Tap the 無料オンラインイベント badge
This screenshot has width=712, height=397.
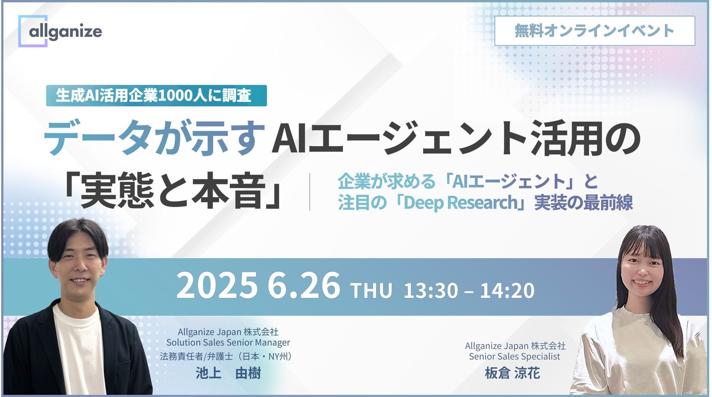[x=594, y=30]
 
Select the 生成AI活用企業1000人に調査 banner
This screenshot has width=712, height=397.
[x=156, y=95]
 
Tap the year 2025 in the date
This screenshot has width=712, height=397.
[x=216, y=286]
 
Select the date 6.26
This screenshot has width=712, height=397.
[x=303, y=286]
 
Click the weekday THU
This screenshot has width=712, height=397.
[x=371, y=291]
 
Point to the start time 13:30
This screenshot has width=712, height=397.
[x=431, y=291]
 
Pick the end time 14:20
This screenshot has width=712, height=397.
[x=507, y=291]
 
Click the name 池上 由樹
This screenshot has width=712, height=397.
[x=228, y=373]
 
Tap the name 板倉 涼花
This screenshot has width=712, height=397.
[x=512, y=373]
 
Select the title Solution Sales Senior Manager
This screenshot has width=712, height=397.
[x=228, y=342]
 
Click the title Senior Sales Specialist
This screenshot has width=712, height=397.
[x=515, y=357]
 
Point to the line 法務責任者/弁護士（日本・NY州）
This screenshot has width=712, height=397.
[x=226, y=357]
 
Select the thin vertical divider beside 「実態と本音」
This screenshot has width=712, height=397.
[x=310, y=192]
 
